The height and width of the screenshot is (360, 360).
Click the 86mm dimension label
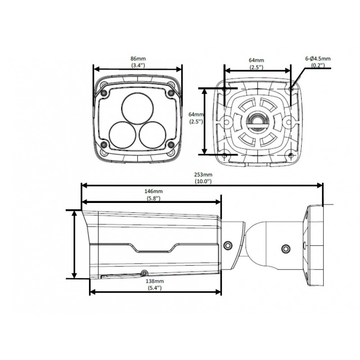click(138, 59)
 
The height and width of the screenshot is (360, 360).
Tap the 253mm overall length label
click(203, 175)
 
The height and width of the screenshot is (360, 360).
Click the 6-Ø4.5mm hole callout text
click(318, 59)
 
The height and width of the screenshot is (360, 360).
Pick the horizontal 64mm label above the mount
click(256, 60)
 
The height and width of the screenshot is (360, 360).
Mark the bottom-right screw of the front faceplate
click(171, 144)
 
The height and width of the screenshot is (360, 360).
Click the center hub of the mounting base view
click(257, 120)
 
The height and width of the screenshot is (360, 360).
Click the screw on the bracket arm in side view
click(285, 248)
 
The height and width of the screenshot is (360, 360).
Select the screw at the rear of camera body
click(228, 245)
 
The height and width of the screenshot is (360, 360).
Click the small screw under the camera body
click(144, 273)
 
